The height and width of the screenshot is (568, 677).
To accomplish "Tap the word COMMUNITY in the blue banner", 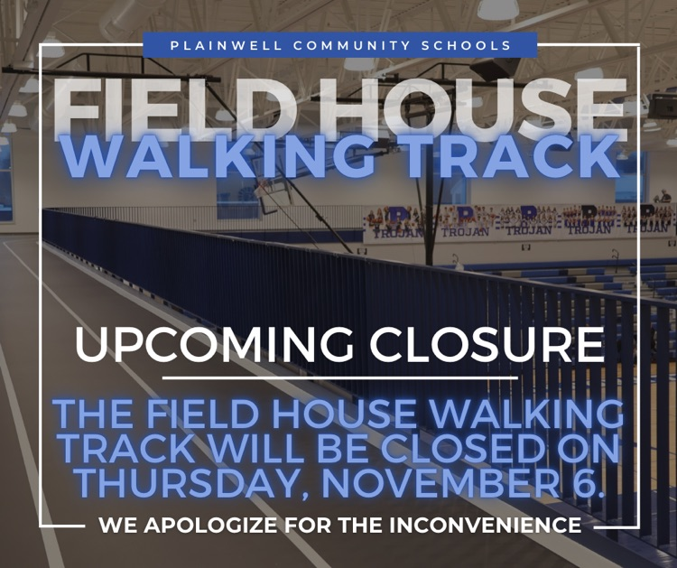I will pyautogui.click(x=340, y=45).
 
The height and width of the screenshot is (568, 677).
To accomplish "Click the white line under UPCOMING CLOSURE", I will pyautogui.click(x=339, y=377).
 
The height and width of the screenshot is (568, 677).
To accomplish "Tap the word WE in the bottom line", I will pyautogui.click(x=112, y=525).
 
